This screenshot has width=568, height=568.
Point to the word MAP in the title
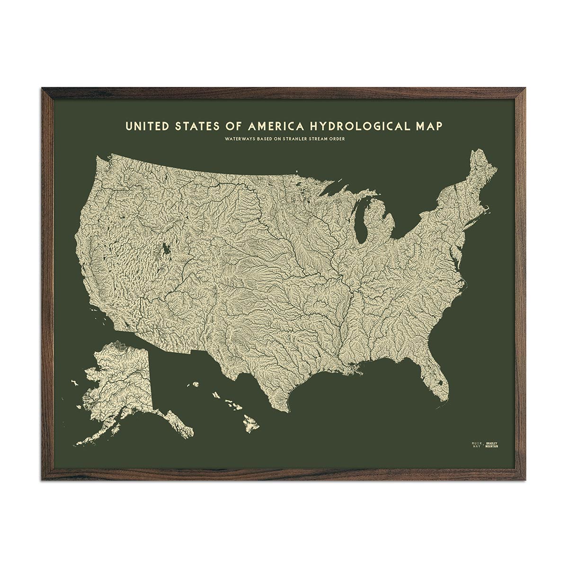428,126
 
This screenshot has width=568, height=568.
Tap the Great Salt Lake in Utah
166,248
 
